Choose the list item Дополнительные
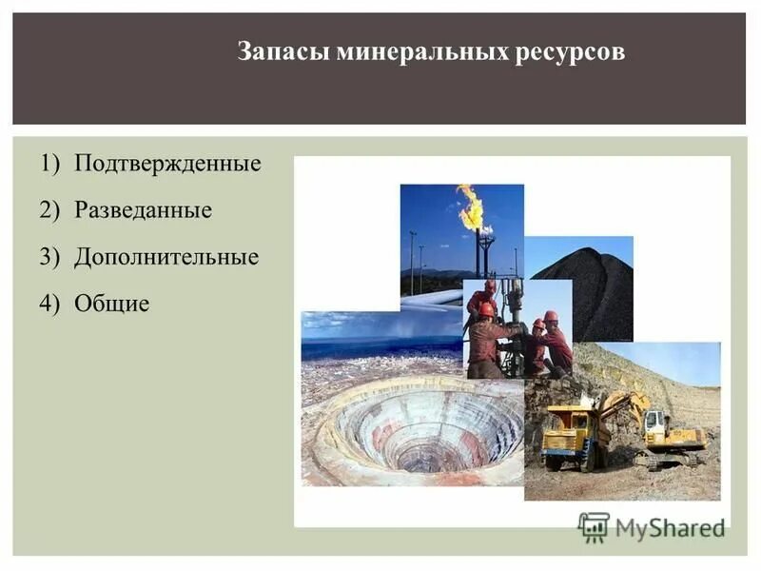tap(166, 257)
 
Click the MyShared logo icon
tap(594, 526)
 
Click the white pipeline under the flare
tap(433, 299)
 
